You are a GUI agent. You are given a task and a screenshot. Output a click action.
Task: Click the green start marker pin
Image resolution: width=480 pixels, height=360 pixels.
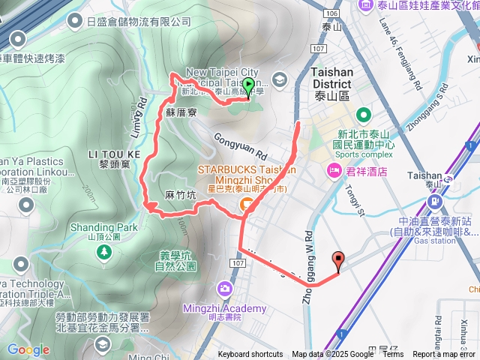(247, 86)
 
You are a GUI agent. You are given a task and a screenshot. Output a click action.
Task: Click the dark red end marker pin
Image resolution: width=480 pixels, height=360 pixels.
(337, 261)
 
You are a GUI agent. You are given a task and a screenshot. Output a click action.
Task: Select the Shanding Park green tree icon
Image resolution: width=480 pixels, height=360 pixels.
(103, 253)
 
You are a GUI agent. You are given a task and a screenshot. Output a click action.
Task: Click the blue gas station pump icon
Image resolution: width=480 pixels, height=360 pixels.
(434, 202)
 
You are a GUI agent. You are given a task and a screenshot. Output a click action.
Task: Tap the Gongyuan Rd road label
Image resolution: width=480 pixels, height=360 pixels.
(241, 143)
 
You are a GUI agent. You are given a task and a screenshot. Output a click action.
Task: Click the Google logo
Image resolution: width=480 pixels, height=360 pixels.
(28, 349)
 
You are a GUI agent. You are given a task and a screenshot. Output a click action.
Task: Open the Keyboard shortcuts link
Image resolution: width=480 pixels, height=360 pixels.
(250, 355)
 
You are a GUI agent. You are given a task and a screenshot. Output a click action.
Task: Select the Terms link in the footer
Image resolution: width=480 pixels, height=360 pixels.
(393, 355)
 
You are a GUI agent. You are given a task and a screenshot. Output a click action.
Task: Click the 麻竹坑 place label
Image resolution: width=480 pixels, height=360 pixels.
(180, 195)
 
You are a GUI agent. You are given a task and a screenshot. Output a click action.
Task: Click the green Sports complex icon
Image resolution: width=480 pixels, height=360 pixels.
(364, 115)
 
